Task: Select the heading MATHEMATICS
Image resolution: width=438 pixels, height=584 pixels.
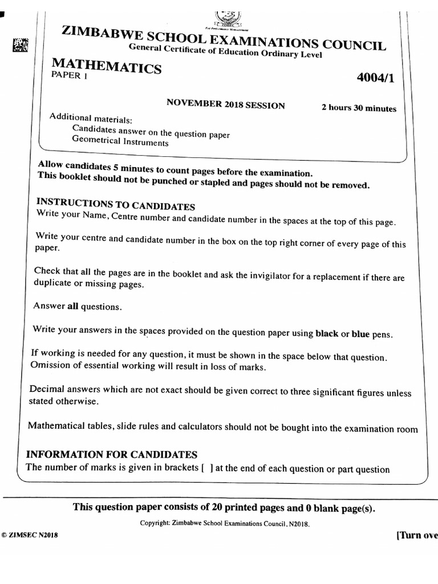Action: pyautogui.click(x=107, y=66)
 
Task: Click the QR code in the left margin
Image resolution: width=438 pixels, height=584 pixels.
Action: pyautogui.click(x=20, y=45)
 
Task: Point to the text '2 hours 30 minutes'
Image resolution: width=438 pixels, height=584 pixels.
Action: pyautogui.click(x=359, y=108)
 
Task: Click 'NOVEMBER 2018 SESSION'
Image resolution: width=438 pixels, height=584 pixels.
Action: pyautogui.click(x=225, y=105)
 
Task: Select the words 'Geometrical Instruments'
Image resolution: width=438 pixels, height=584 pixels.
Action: pyautogui.click(x=120, y=142)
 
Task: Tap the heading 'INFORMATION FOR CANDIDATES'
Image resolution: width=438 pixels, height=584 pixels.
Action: pyautogui.click(x=112, y=455)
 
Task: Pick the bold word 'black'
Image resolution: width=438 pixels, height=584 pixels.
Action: pyautogui.click(x=327, y=334)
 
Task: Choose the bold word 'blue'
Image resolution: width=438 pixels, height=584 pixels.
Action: pyautogui.click(x=360, y=334)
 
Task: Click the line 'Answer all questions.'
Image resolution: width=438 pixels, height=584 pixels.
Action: pyautogui.click(x=77, y=306)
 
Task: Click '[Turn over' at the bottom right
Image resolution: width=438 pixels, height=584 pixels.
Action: pyautogui.click(x=416, y=536)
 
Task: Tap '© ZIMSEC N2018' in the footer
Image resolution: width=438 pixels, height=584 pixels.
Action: pyautogui.click(x=29, y=536)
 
